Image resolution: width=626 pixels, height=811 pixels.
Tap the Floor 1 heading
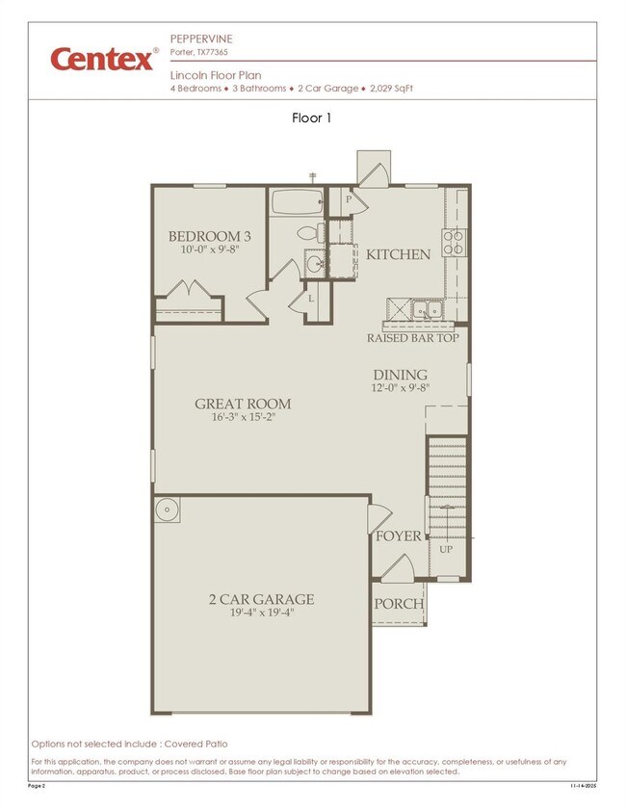(x=312, y=118)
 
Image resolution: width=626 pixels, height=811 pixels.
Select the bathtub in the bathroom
(x=297, y=203)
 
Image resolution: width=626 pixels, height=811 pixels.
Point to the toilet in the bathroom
(x=308, y=233)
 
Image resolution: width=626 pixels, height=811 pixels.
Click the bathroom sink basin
(x=313, y=263)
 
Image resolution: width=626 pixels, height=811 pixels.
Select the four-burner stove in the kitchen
(x=453, y=242)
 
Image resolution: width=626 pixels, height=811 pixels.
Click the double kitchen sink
(x=425, y=309)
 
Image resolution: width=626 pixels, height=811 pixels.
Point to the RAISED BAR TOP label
(x=412, y=338)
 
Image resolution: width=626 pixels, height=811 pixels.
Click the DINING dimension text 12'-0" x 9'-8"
(x=400, y=389)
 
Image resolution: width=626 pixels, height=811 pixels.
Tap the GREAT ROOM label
(x=242, y=404)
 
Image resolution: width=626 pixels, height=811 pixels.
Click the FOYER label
(x=398, y=536)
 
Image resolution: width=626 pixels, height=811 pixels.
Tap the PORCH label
(x=398, y=604)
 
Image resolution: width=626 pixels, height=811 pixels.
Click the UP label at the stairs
(x=446, y=549)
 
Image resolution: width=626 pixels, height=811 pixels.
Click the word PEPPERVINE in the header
(x=201, y=38)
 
